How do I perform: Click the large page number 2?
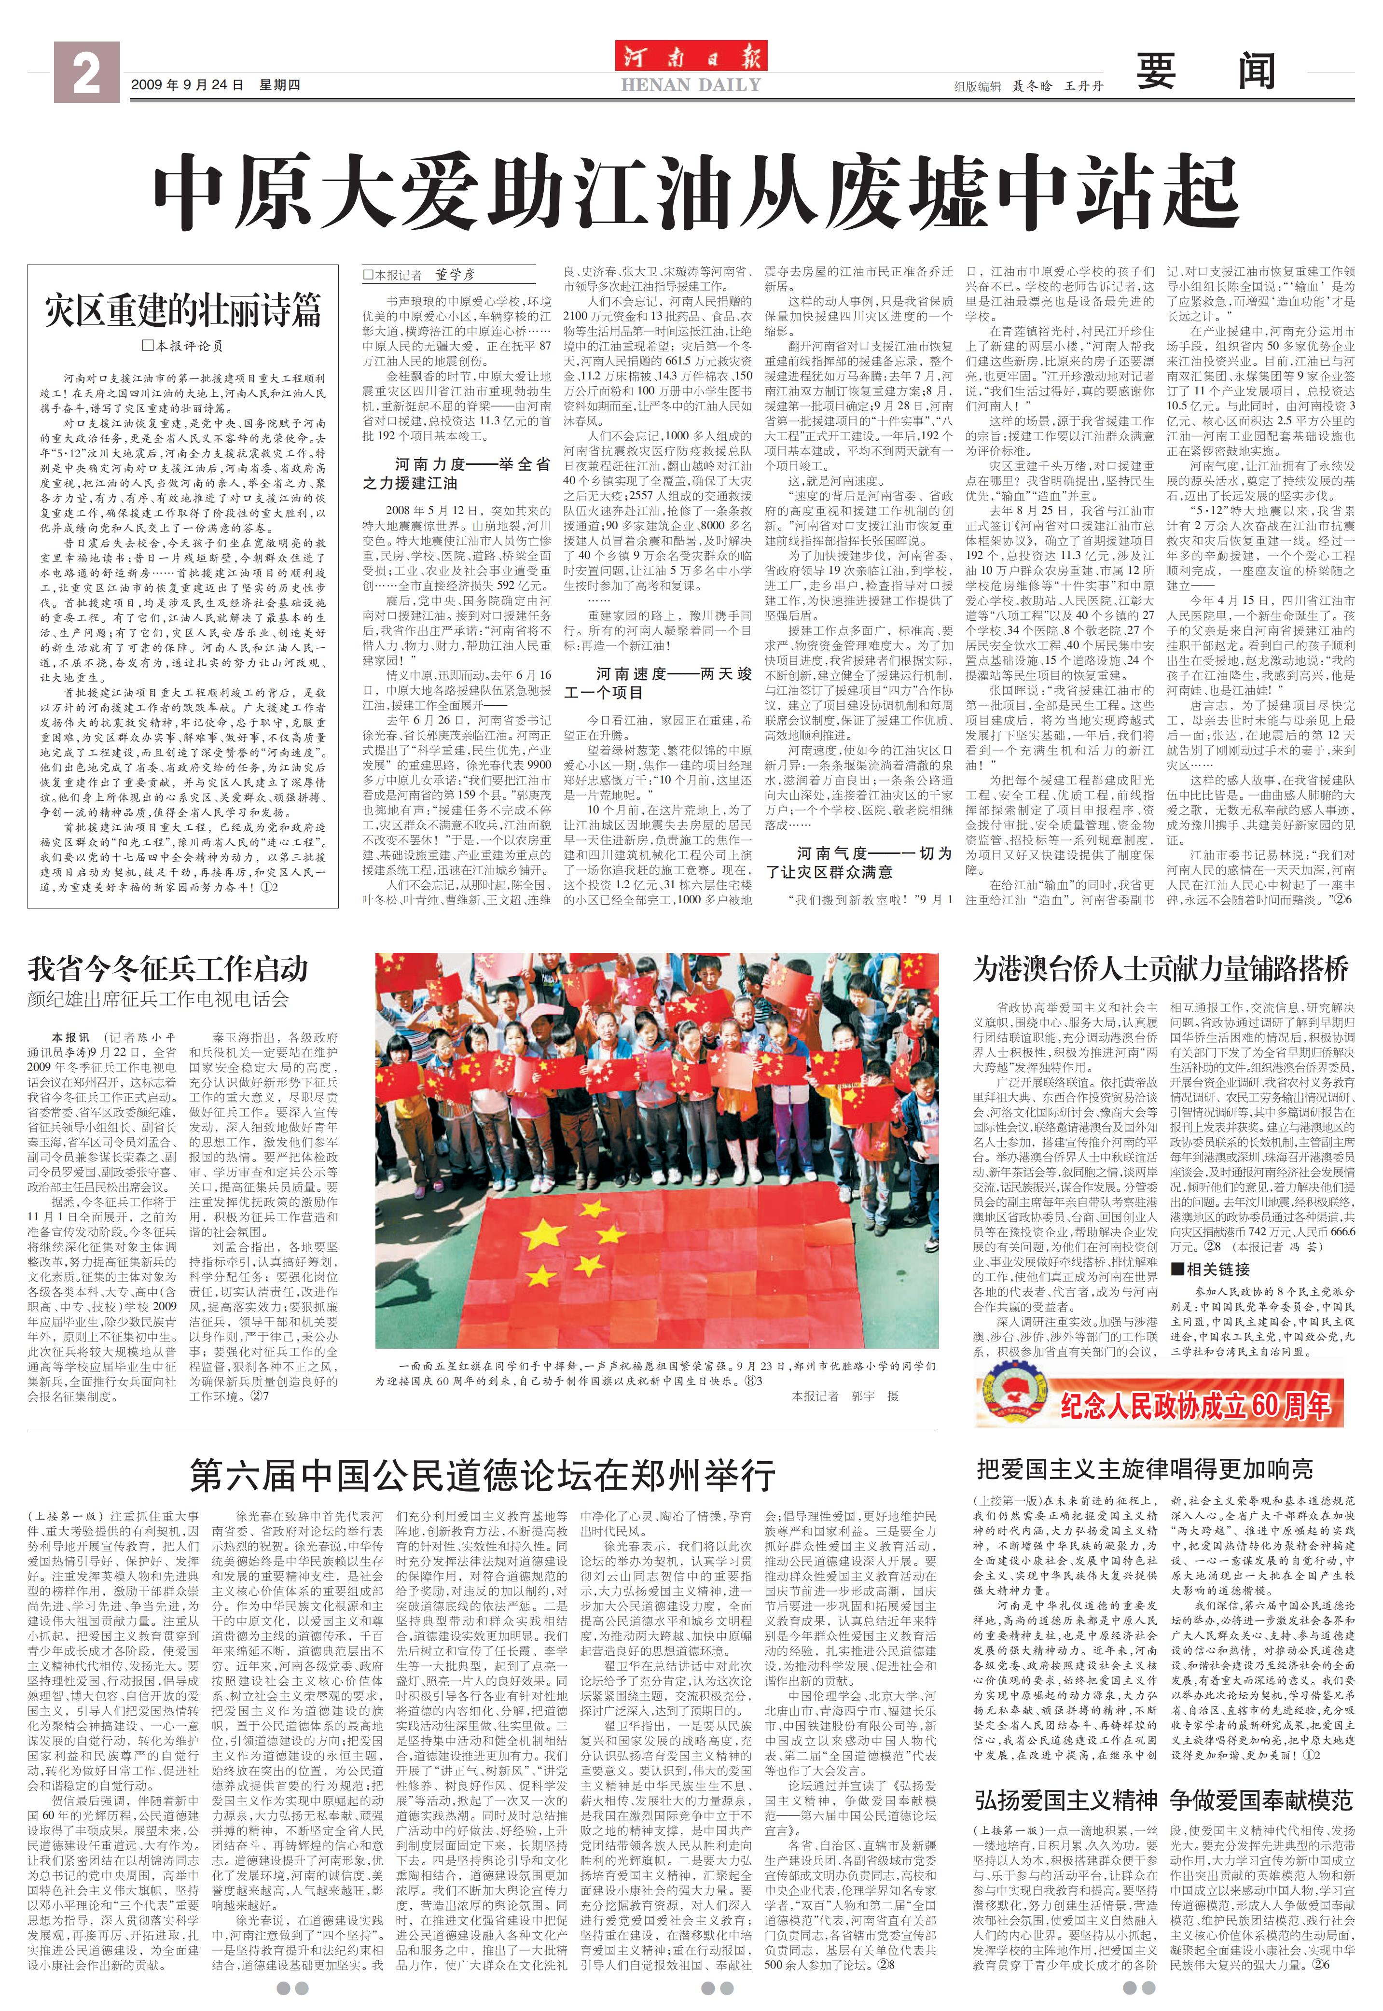tap(86, 74)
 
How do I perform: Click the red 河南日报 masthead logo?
tap(691, 57)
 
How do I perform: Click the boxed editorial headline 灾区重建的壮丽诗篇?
tap(183, 309)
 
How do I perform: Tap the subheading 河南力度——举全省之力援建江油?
tap(456, 473)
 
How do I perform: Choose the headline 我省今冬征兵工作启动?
tap(167, 968)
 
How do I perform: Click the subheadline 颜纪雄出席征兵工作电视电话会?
tap(158, 999)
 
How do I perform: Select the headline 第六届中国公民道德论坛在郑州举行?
tap(482, 1474)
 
